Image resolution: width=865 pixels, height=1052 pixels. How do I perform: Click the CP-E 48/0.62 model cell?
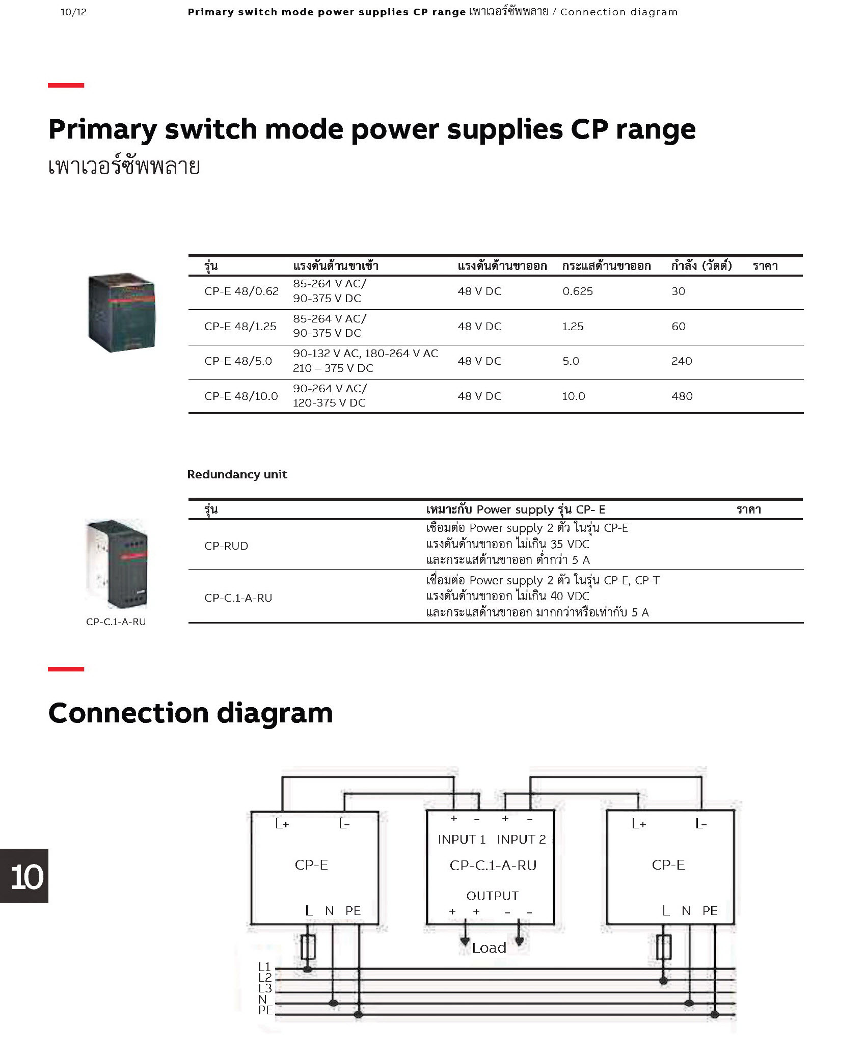click(x=241, y=291)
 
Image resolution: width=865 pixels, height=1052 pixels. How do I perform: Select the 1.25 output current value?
click(x=573, y=327)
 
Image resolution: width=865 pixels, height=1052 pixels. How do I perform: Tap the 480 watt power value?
click(x=682, y=396)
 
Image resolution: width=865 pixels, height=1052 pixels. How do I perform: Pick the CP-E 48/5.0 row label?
click(x=238, y=361)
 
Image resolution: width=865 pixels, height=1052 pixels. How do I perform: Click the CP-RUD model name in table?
click(x=226, y=546)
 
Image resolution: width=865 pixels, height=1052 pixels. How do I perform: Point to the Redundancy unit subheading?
click(x=237, y=475)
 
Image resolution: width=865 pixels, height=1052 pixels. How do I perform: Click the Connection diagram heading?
click(x=191, y=713)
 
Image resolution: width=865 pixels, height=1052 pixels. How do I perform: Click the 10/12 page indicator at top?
click(x=73, y=12)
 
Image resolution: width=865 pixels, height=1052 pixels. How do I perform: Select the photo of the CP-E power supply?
click(x=121, y=312)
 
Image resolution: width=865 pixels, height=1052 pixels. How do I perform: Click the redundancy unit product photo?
click(x=116, y=563)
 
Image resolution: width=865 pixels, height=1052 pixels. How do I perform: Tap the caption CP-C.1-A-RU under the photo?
click(x=116, y=622)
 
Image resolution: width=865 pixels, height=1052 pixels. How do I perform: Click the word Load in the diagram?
click(x=489, y=948)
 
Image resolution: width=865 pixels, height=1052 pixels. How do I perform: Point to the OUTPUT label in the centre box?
click(x=492, y=896)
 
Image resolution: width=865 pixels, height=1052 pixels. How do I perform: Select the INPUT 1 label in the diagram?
click(x=462, y=840)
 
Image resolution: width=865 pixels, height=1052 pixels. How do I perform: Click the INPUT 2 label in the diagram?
click(x=521, y=840)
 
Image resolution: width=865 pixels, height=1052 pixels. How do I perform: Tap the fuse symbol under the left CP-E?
click(x=308, y=947)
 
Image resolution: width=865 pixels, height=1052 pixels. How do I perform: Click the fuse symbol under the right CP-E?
click(x=663, y=947)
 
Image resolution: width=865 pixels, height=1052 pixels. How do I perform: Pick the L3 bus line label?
click(x=265, y=988)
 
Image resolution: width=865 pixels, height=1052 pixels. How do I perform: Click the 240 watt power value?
click(x=682, y=361)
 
